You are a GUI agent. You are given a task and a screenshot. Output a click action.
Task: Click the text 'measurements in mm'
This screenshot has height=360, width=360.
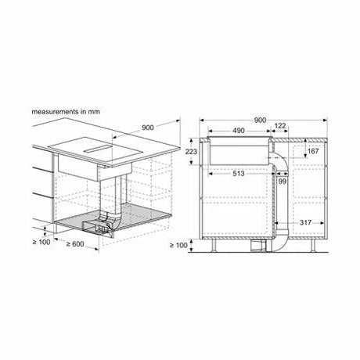pyautogui.click(x=66, y=112)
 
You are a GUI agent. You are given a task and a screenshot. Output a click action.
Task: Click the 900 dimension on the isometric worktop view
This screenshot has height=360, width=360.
pyautogui.click(x=148, y=128)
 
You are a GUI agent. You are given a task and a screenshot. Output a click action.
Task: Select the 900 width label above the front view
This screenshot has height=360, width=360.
pyautogui.click(x=260, y=121)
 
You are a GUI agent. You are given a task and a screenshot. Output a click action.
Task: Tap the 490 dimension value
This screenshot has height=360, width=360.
pyautogui.click(x=239, y=131)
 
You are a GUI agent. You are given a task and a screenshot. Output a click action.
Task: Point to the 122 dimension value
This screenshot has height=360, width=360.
pyautogui.click(x=280, y=126)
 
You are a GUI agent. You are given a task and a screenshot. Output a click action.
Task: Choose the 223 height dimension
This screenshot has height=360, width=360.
pyautogui.click(x=191, y=151)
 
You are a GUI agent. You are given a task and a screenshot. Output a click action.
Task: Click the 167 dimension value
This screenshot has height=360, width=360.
pyautogui.click(x=313, y=151)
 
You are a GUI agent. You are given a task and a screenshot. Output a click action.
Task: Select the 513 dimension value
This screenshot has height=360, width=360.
pyautogui.click(x=239, y=174)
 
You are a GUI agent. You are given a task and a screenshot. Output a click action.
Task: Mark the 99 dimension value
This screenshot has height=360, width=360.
pyautogui.click(x=283, y=182)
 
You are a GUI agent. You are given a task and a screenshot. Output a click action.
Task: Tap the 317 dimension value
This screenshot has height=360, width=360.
pyautogui.click(x=305, y=222)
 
